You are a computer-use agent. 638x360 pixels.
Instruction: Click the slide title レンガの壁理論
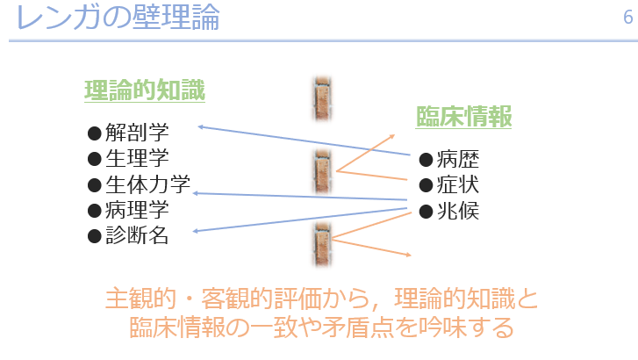118,17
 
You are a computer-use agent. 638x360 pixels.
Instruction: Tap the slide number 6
627,17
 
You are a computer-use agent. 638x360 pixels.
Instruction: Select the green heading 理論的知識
145,90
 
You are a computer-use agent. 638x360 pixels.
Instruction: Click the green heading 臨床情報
463,117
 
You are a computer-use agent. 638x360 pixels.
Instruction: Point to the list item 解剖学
137,133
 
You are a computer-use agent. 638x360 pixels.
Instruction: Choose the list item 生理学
137,158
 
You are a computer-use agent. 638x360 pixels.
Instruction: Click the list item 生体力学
147,184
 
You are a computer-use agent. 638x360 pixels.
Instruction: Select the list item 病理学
137,210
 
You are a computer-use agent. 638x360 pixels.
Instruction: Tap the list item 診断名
137,235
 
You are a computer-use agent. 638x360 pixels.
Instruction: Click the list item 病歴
458,159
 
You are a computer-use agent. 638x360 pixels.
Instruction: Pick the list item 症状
458,185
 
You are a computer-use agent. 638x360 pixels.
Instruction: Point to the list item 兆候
458,211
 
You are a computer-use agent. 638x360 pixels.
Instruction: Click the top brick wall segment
322,99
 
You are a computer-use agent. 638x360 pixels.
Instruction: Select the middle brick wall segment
322,171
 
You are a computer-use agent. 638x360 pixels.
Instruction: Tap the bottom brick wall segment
322,245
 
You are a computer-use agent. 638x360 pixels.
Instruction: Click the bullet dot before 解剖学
95,133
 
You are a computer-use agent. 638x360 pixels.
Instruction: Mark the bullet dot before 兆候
426,212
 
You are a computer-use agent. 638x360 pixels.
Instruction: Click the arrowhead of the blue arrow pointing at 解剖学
201,127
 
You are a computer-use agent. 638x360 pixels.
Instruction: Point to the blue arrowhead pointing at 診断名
196,231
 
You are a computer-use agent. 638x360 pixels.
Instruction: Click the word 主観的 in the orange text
140,299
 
